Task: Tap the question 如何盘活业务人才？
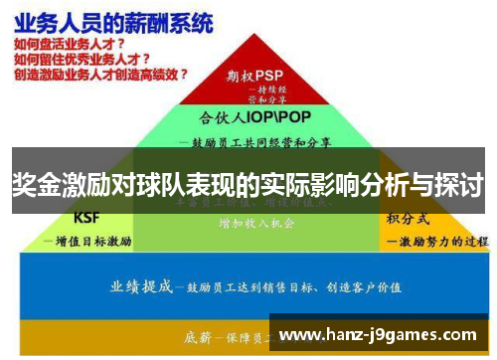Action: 71,44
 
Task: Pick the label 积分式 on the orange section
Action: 410,218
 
